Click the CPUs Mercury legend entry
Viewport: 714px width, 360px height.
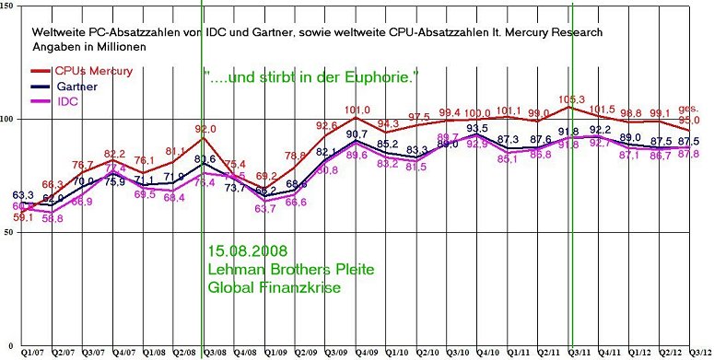(88, 71)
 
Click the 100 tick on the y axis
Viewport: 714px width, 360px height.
(7, 119)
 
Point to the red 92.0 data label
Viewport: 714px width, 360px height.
(205, 130)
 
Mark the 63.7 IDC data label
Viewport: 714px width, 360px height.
(266, 209)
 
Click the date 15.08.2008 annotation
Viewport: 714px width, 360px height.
(246, 251)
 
